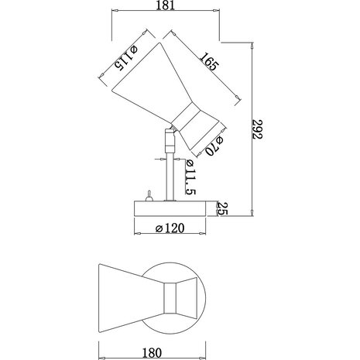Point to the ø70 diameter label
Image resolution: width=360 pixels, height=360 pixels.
[x=214, y=146]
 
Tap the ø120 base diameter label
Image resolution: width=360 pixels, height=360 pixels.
[x=173, y=228]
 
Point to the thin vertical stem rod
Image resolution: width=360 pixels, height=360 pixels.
[x=168, y=176]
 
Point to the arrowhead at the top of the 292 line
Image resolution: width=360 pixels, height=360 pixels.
[x=254, y=46]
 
